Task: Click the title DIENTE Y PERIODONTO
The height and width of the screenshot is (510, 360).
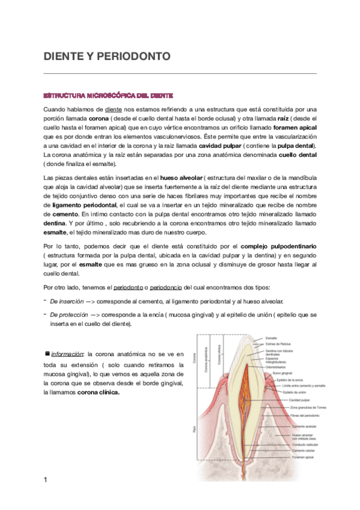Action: coord(108,57)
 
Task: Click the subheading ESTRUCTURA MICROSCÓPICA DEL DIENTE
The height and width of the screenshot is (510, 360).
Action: coord(108,96)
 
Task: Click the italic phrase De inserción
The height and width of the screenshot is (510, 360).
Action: coord(66,301)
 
